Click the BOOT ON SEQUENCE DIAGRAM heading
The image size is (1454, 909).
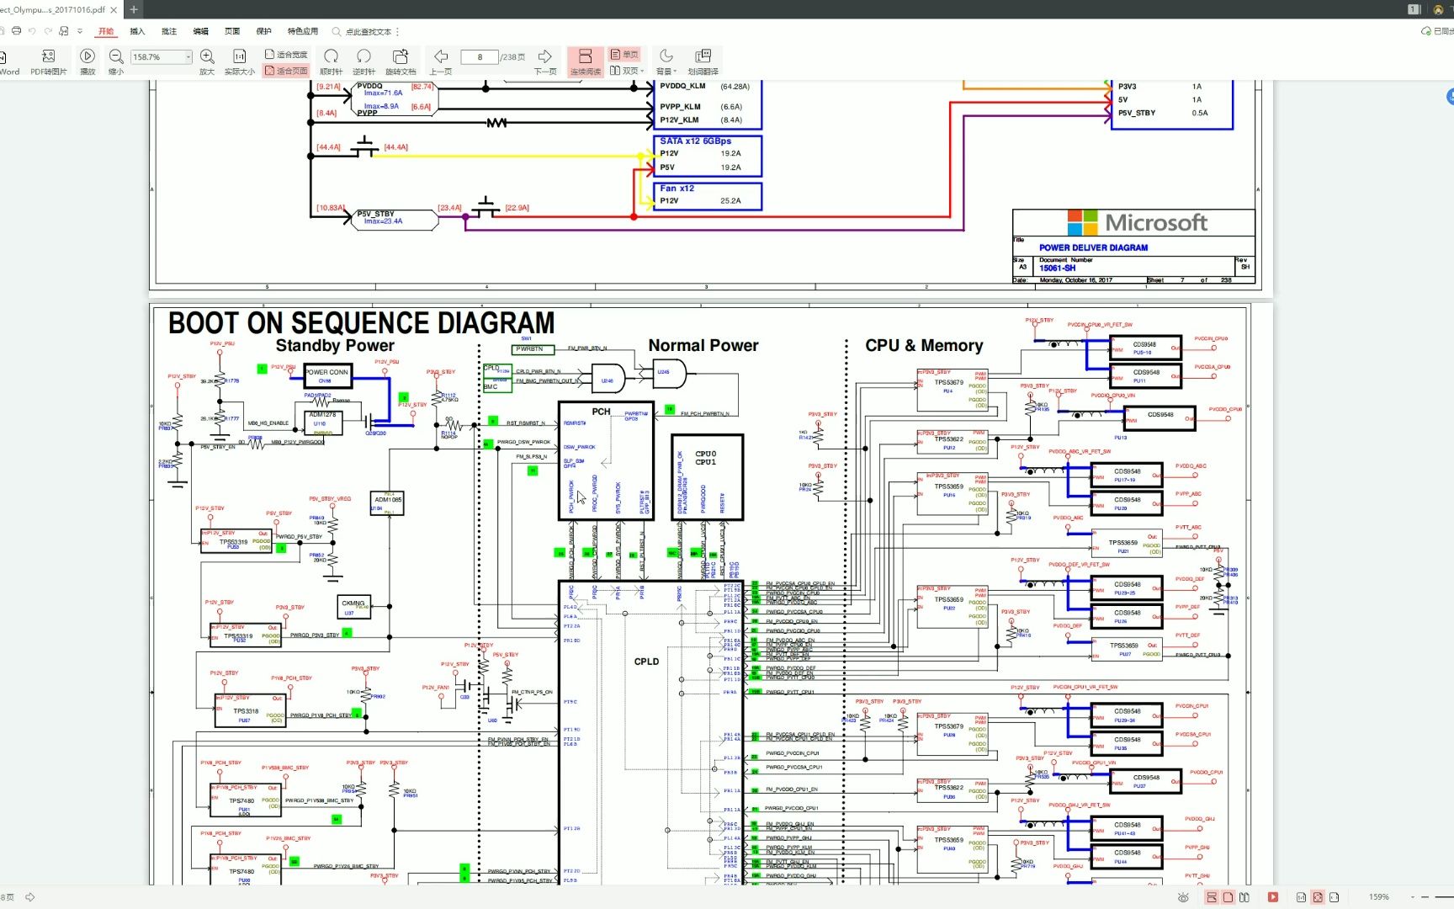361,323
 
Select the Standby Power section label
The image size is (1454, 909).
335,346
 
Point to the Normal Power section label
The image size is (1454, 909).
703,346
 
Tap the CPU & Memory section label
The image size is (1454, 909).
924,346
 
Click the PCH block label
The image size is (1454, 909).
601,412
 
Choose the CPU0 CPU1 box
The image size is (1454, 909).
706,459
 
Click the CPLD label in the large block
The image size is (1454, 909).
646,662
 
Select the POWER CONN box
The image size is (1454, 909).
326,375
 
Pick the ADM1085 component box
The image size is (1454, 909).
388,502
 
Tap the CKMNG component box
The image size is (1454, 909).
353,606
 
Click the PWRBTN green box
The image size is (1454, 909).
532,349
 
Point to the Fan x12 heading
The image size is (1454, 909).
677,189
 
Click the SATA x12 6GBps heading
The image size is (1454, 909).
695,141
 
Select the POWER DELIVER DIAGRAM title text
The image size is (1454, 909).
1093,248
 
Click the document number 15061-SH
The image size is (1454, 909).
1057,268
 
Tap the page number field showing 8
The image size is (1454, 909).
480,57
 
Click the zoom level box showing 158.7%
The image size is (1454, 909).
160,57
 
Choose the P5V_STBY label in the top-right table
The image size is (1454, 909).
1137,113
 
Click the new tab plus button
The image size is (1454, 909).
134,9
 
